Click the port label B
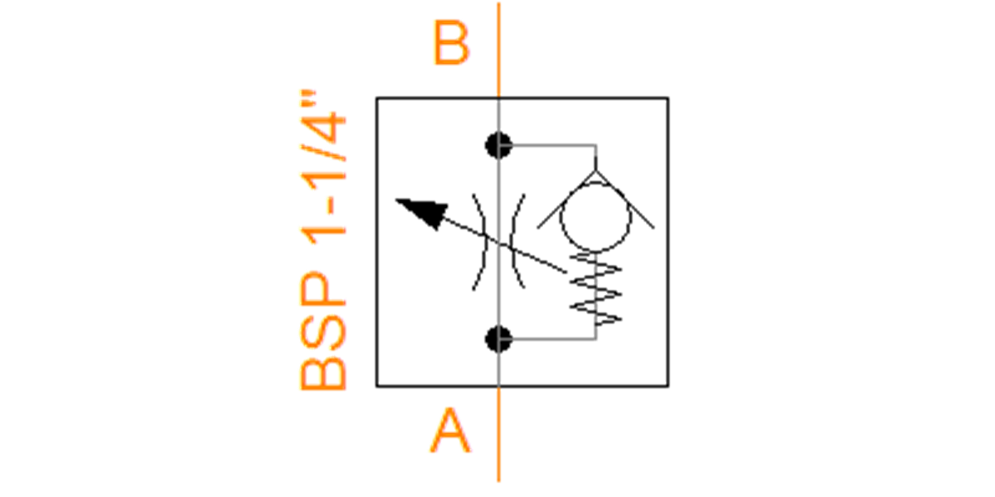[x=451, y=42]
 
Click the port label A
[x=450, y=431]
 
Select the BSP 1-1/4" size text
[x=323, y=240]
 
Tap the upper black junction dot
[x=499, y=146]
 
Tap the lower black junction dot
[x=499, y=340]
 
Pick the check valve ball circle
[x=595, y=217]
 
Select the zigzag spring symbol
[x=595, y=289]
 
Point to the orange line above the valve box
[x=499, y=50]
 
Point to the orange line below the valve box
[x=499, y=434]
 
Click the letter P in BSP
[x=323, y=288]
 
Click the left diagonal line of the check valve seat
[x=567, y=200]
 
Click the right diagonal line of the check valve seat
[x=625, y=200]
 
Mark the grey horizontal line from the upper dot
[x=548, y=145]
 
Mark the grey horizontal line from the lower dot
[x=548, y=340]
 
